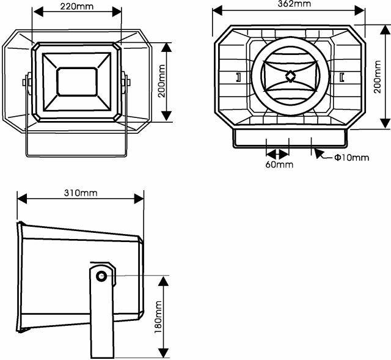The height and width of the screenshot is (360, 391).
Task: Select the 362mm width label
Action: click(x=293, y=4)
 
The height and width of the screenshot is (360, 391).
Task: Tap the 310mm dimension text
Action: click(x=80, y=193)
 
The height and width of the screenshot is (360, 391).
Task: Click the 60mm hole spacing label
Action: click(x=279, y=164)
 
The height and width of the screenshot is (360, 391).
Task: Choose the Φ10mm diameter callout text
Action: click(x=351, y=158)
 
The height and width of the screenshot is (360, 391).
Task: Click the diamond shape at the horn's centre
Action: click(x=290, y=76)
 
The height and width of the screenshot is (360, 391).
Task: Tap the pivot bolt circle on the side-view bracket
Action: click(x=101, y=276)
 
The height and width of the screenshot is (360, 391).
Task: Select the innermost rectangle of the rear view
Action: click(x=76, y=81)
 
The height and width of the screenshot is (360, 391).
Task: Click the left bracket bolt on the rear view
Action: click(x=27, y=81)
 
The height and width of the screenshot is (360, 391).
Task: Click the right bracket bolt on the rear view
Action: click(x=126, y=81)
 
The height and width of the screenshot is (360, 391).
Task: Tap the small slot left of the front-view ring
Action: click(x=237, y=77)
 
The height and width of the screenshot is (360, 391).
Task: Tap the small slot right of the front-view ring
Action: click(x=342, y=77)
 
